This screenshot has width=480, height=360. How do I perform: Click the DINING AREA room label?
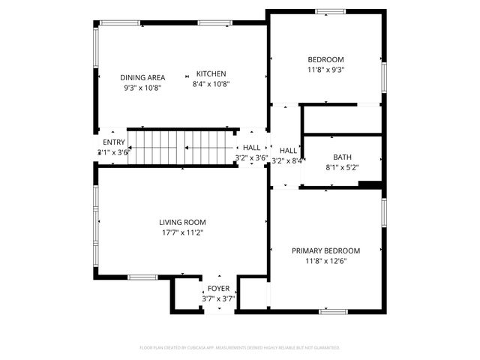[x=142, y=77]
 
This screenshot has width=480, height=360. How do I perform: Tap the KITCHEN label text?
[x=211, y=73]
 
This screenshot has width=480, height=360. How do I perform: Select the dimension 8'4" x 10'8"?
[x=211, y=84]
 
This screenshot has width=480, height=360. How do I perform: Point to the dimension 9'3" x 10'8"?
[x=142, y=88]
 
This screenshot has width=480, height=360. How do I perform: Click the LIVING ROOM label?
[x=182, y=222]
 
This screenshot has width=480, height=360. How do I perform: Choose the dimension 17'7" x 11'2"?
[x=182, y=232]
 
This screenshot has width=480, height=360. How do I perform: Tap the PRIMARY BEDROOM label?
[x=325, y=250]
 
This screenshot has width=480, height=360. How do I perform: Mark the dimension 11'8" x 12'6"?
[x=325, y=261]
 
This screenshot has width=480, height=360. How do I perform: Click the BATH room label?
[x=342, y=157]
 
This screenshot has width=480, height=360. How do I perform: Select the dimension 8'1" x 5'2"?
[x=342, y=167]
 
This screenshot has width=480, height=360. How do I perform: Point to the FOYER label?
[x=218, y=288]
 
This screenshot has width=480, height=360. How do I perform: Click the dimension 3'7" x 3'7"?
[x=218, y=298]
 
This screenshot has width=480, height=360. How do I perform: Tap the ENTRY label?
[x=114, y=142]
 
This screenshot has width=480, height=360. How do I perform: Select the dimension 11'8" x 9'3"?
[x=325, y=70]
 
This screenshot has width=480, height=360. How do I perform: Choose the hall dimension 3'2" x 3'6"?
[x=251, y=158]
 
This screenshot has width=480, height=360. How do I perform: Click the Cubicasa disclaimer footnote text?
[x=240, y=348]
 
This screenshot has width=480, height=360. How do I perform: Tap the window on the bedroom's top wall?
[x=330, y=11]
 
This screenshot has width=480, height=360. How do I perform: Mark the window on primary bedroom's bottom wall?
[x=334, y=310]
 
